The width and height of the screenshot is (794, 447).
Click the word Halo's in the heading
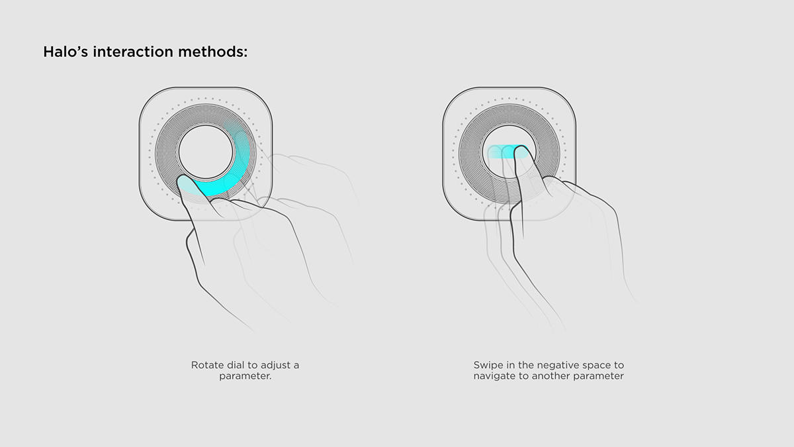coord(66,52)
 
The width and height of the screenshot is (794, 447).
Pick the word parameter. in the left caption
coord(245,376)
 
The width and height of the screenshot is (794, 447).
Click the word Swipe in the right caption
coord(487,365)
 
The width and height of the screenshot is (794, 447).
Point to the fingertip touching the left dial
coord(185,182)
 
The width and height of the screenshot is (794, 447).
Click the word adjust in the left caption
coord(274,365)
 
